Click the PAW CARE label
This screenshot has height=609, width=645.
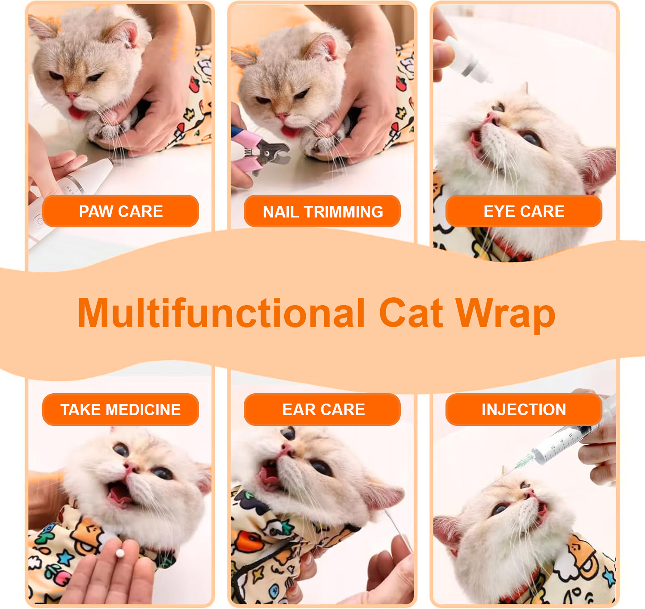120,211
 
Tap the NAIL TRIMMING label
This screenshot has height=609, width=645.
322,211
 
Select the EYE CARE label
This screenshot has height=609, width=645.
524,211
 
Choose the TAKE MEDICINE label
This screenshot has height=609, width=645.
120,409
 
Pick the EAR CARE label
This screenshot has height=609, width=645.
322,409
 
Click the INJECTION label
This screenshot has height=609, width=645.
524,409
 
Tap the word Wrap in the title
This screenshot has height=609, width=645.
505,315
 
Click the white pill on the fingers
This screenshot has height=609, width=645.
120,553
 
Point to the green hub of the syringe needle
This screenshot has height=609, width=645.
524,460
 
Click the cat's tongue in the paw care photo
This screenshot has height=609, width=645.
77,112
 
